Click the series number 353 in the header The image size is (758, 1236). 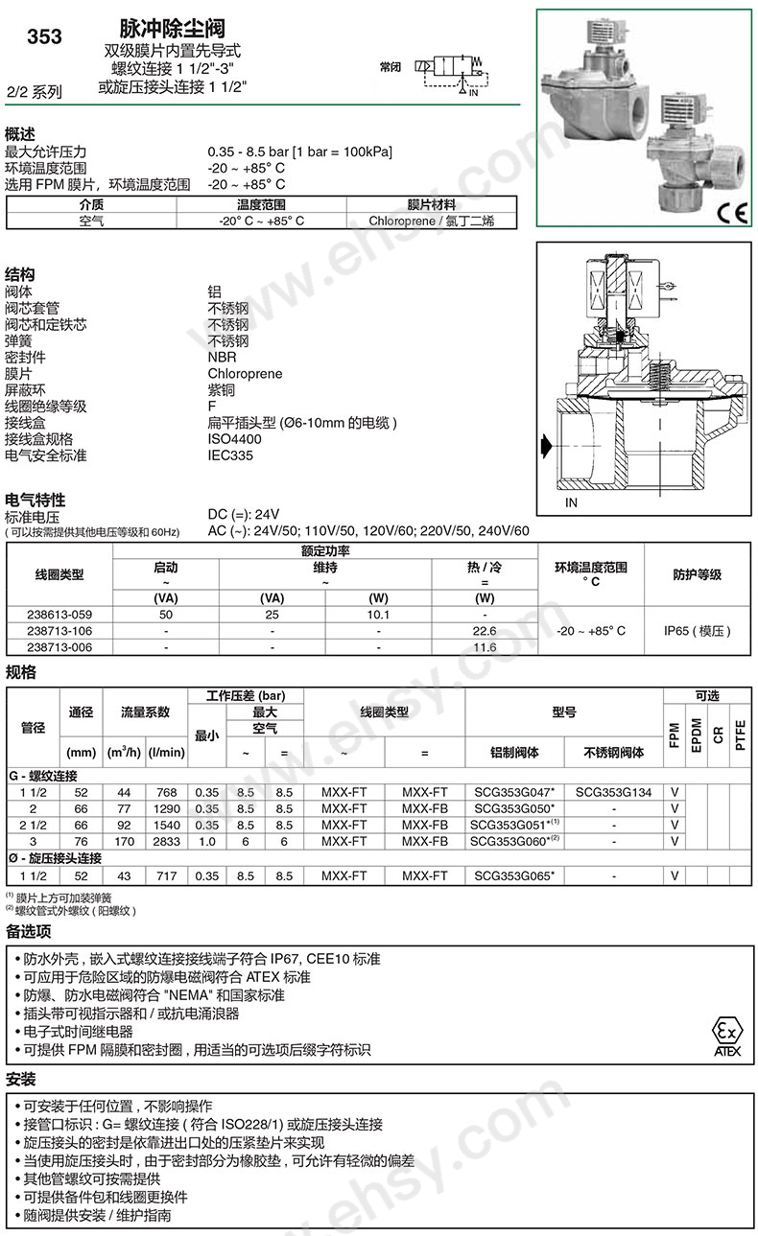(x=44, y=37)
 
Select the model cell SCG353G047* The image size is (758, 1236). (x=514, y=793)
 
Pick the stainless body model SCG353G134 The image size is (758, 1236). (x=613, y=793)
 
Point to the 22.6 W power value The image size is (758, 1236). (x=485, y=631)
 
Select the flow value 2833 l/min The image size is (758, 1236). (x=165, y=841)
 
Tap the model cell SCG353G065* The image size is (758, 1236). (x=514, y=875)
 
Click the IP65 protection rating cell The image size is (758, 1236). (x=697, y=631)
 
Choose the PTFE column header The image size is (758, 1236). (x=740, y=734)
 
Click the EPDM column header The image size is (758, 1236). (x=697, y=734)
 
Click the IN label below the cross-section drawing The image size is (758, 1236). (x=572, y=502)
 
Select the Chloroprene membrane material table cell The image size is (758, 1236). (x=431, y=221)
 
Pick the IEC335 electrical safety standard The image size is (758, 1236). (x=230, y=455)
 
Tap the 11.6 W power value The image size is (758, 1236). (x=485, y=647)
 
